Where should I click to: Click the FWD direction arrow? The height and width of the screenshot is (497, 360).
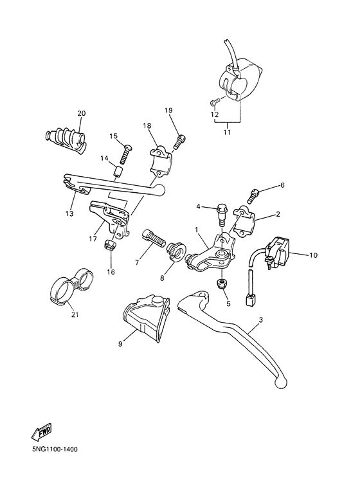point(41,431)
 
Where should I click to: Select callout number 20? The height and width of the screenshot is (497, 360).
point(81,114)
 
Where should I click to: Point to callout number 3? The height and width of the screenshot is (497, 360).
point(260,320)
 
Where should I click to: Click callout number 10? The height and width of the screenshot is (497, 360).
point(313,255)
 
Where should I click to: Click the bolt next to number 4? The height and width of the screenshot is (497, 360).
point(222,210)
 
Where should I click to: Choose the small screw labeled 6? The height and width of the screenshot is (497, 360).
point(255,192)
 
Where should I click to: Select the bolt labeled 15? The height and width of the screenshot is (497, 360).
point(127,152)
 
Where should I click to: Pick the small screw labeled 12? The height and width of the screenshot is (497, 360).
point(215,102)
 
